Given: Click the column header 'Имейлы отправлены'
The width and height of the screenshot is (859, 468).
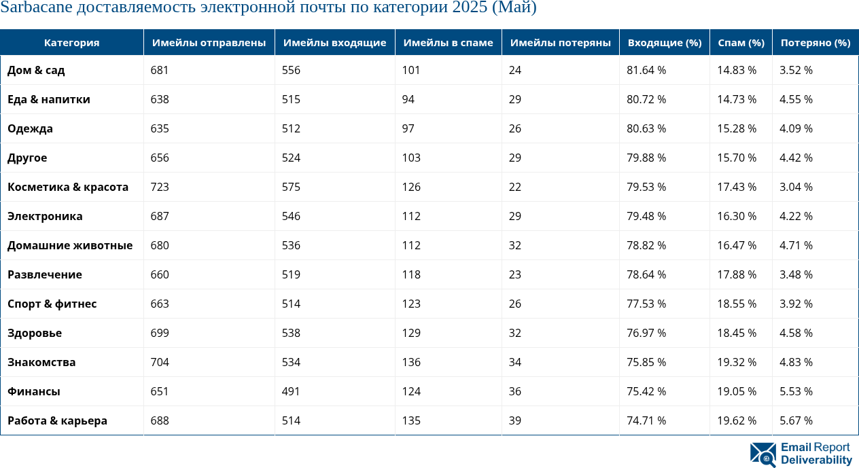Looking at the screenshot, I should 209,43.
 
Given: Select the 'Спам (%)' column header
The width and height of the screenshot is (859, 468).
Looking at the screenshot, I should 741,43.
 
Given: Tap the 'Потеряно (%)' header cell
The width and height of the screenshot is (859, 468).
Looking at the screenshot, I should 815,43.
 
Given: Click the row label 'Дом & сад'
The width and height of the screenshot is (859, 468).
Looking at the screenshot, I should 36,70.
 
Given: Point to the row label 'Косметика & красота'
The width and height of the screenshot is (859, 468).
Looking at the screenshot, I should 68,187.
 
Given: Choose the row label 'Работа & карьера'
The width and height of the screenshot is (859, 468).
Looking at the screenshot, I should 57,420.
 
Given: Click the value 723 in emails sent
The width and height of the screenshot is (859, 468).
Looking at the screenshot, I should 160,187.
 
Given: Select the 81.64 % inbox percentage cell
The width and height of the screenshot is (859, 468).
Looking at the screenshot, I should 646,70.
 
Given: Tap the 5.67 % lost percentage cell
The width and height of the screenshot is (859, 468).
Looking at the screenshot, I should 796,420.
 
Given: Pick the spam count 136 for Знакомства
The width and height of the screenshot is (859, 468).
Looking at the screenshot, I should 411,362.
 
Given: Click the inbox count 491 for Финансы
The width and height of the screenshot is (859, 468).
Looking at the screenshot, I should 291,391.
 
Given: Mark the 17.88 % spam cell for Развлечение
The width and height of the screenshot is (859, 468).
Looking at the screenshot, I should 737,274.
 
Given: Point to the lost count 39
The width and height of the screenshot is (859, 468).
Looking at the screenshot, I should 515,420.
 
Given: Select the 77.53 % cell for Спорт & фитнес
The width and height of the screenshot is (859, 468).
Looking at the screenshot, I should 646,304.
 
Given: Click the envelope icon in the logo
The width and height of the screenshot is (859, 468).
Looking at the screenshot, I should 762,454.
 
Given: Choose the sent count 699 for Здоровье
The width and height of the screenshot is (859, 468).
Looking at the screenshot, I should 160,333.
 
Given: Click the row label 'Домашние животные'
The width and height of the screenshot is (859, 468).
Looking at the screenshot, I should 70,245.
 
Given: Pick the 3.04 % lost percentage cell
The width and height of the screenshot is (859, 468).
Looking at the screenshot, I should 796,187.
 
